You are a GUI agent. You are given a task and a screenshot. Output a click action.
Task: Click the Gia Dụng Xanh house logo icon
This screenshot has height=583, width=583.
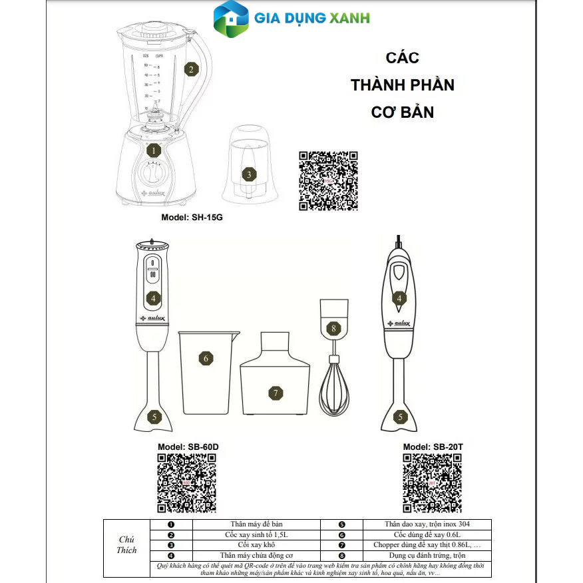[230, 20]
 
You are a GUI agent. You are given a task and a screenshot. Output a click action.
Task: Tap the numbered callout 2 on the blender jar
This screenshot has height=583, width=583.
[191, 69]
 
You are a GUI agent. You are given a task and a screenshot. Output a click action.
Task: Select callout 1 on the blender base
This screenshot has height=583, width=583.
[153, 150]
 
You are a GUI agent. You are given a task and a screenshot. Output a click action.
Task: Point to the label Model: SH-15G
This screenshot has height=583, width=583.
[192, 218]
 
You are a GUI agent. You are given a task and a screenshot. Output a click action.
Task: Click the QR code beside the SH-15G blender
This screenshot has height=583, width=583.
[328, 181]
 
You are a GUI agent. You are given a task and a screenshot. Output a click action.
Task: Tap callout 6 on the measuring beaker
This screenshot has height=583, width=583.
[206, 358]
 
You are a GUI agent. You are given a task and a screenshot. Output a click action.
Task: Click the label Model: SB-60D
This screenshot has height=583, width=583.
[188, 447]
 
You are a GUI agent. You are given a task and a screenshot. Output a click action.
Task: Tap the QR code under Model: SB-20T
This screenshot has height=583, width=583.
[433, 483]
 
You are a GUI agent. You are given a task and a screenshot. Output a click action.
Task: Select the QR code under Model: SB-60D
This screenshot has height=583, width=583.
[186, 483]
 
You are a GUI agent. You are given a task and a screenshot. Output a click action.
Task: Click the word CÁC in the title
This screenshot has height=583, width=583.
[403, 58]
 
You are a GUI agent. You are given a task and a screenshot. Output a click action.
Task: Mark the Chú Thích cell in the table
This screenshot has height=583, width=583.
[127, 544]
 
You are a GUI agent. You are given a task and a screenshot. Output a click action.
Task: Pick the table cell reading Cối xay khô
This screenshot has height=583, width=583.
[256, 544]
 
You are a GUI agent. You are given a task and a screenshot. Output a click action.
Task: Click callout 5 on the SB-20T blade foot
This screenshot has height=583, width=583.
[400, 418]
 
